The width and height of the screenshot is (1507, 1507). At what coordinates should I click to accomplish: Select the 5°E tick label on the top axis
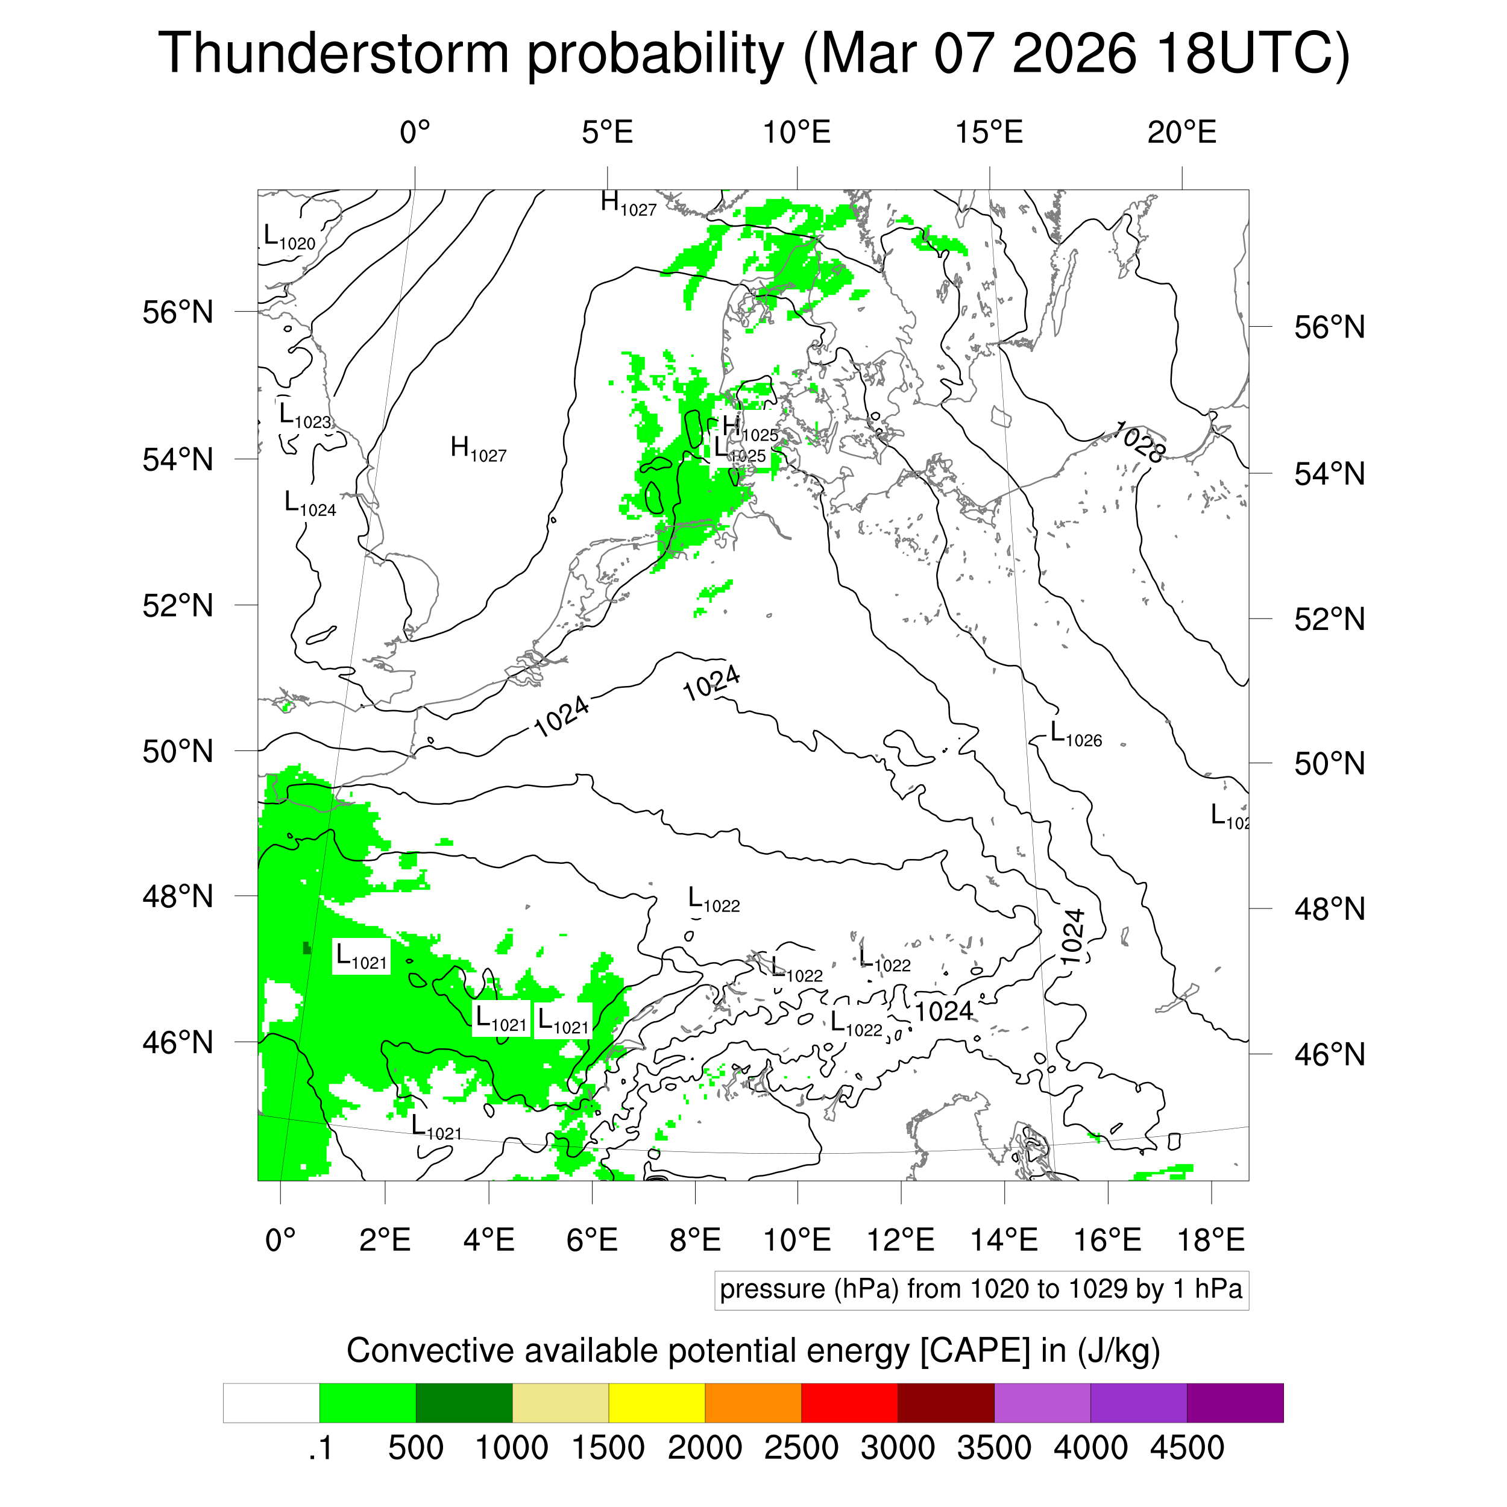[x=607, y=133]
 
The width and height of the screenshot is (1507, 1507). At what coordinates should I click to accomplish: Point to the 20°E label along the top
[x=1181, y=133]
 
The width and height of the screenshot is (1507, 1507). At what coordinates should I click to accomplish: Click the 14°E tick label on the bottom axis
[x=1004, y=1239]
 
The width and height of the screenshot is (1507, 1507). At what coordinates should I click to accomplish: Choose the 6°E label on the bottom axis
[x=592, y=1239]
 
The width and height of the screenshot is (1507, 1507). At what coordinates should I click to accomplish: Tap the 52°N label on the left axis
[x=178, y=605]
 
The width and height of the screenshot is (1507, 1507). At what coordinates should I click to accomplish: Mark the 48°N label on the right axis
[x=1329, y=910]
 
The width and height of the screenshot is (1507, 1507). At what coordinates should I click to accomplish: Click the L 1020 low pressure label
[x=289, y=237]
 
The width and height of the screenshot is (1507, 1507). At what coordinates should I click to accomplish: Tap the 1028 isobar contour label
[x=1140, y=441]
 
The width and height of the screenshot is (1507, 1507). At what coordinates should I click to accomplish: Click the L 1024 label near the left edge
[x=310, y=504]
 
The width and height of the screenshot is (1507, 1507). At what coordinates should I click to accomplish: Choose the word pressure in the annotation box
[x=772, y=1289]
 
